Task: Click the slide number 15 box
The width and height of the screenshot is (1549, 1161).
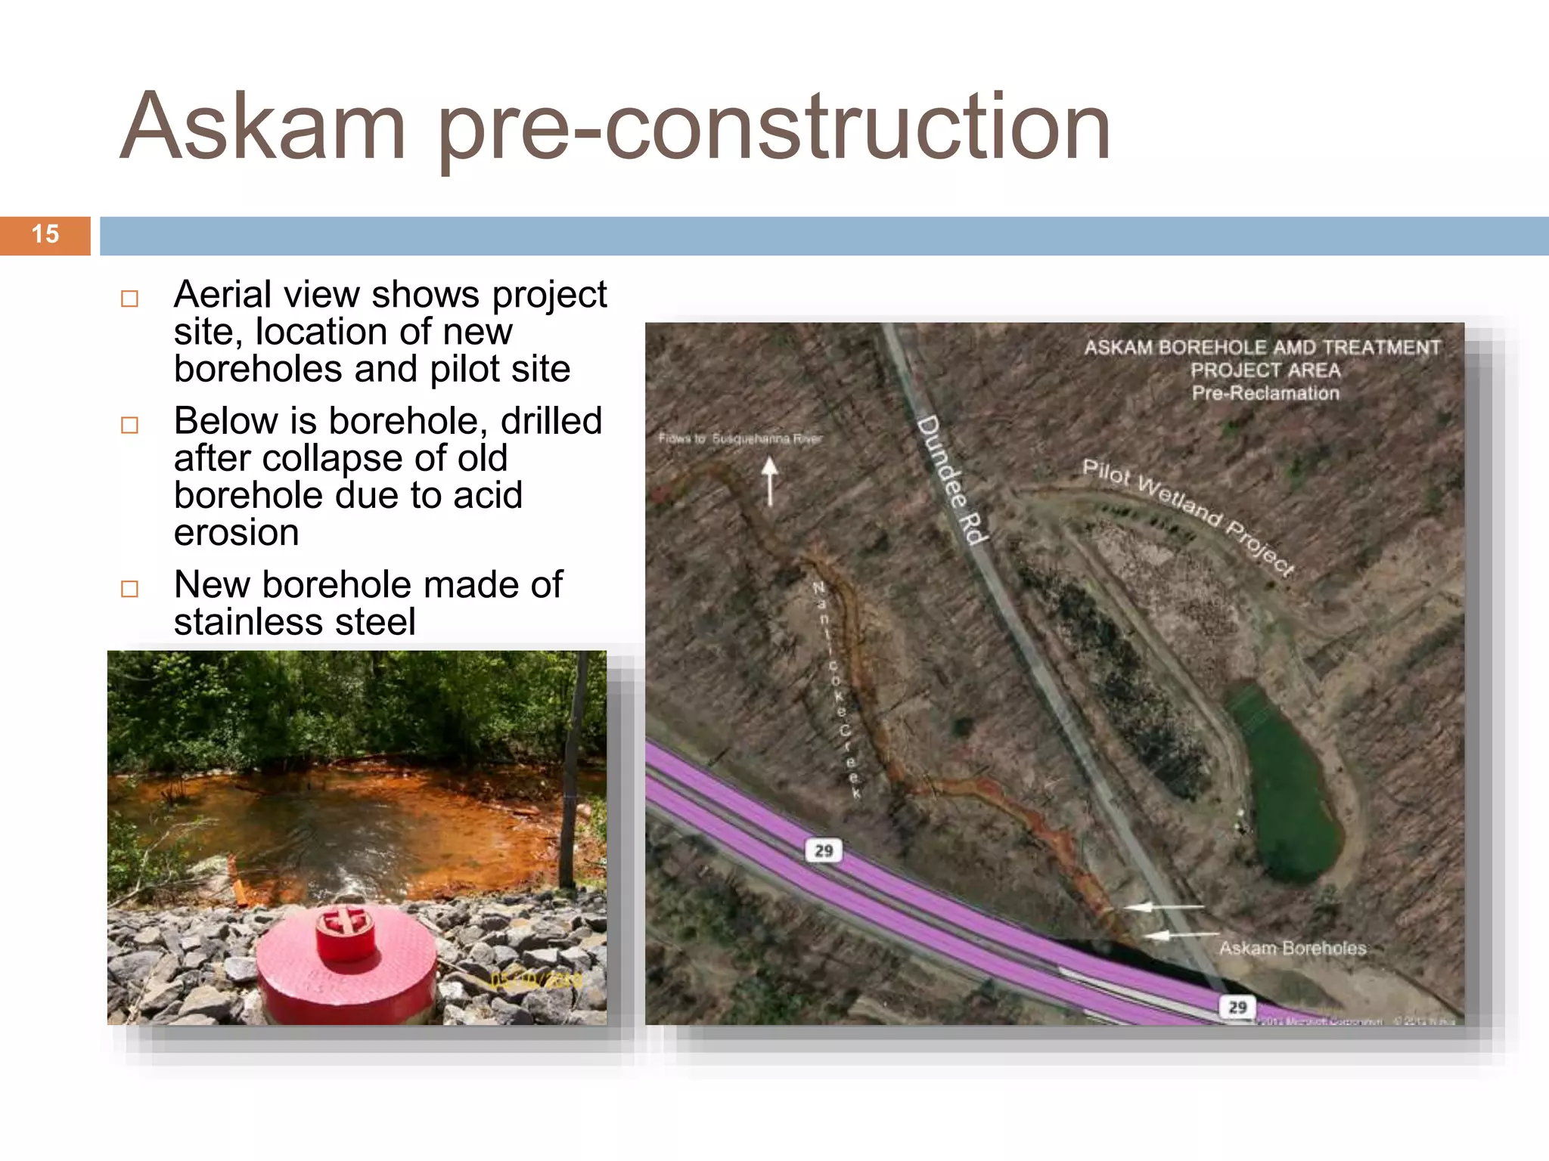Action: [x=45, y=235]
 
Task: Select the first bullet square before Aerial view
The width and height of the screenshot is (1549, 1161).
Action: [x=129, y=299]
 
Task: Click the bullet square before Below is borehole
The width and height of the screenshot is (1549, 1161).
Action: [x=129, y=425]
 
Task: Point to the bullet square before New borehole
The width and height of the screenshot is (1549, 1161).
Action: [x=129, y=589]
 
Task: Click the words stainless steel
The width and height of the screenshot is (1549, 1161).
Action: [x=294, y=622]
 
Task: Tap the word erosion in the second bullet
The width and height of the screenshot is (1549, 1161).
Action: [x=236, y=533]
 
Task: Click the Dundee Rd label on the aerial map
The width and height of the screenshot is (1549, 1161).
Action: [x=951, y=479]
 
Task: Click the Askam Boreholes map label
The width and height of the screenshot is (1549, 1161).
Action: [x=1292, y=949]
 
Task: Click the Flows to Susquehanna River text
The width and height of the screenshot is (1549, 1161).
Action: [x=739, y=438]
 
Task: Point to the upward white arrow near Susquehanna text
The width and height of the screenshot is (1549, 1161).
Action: [x=770, y=479]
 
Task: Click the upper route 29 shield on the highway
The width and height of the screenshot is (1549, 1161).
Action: [x=824, y=850]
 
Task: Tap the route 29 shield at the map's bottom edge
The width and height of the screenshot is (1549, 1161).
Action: [x=1237, y=1007]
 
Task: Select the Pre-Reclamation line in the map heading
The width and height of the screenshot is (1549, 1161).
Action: [x=1265, y=394]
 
